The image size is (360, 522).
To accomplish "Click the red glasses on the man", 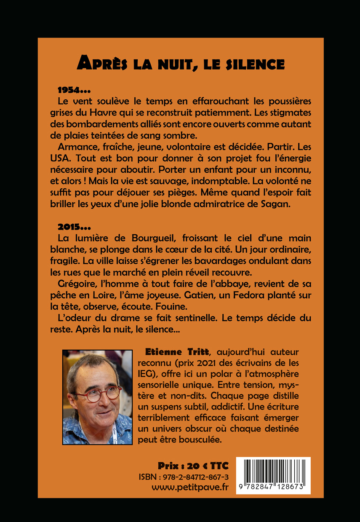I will [x=103, y=394].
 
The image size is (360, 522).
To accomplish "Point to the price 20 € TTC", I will [x=193, y=466].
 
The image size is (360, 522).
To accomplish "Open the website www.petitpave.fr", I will [x=191, y=488].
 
